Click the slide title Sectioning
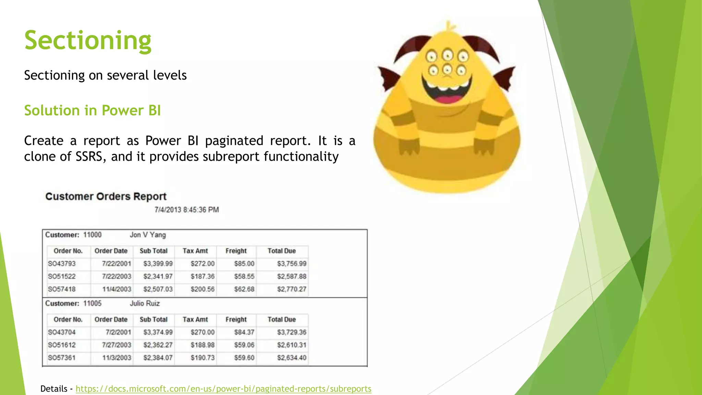pos(88,40)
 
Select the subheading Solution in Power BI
pos(92,110)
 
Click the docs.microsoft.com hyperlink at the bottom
pos(223,388)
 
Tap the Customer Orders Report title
pos(106,196)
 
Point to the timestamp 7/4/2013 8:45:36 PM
pos(186,210)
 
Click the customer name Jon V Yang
pos(148,235)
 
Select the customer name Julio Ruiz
pos(145,303)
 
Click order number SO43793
pos(62,264)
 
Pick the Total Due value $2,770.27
pos(292,289)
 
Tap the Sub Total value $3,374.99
pos(158,332)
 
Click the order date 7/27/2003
pos(117,345)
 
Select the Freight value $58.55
pos(244,276)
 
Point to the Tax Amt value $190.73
pos(203,358)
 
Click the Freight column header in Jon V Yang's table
pos(236,251)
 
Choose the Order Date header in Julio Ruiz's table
pos(111,320)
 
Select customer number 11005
pos(92,303)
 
